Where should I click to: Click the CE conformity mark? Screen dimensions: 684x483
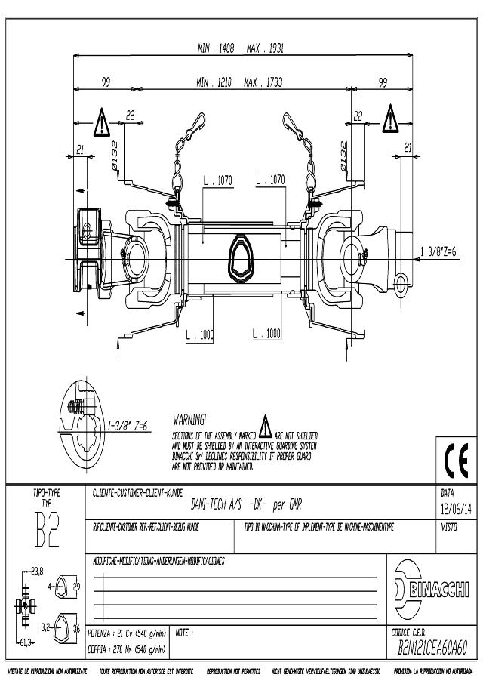point(457,460)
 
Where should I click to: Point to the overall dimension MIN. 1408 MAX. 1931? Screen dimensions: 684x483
point(241,49)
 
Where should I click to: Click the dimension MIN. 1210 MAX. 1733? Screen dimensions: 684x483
point(239,82)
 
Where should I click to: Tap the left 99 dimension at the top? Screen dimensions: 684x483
point(106,82)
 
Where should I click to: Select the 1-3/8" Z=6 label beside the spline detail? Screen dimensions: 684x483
point(125,425)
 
